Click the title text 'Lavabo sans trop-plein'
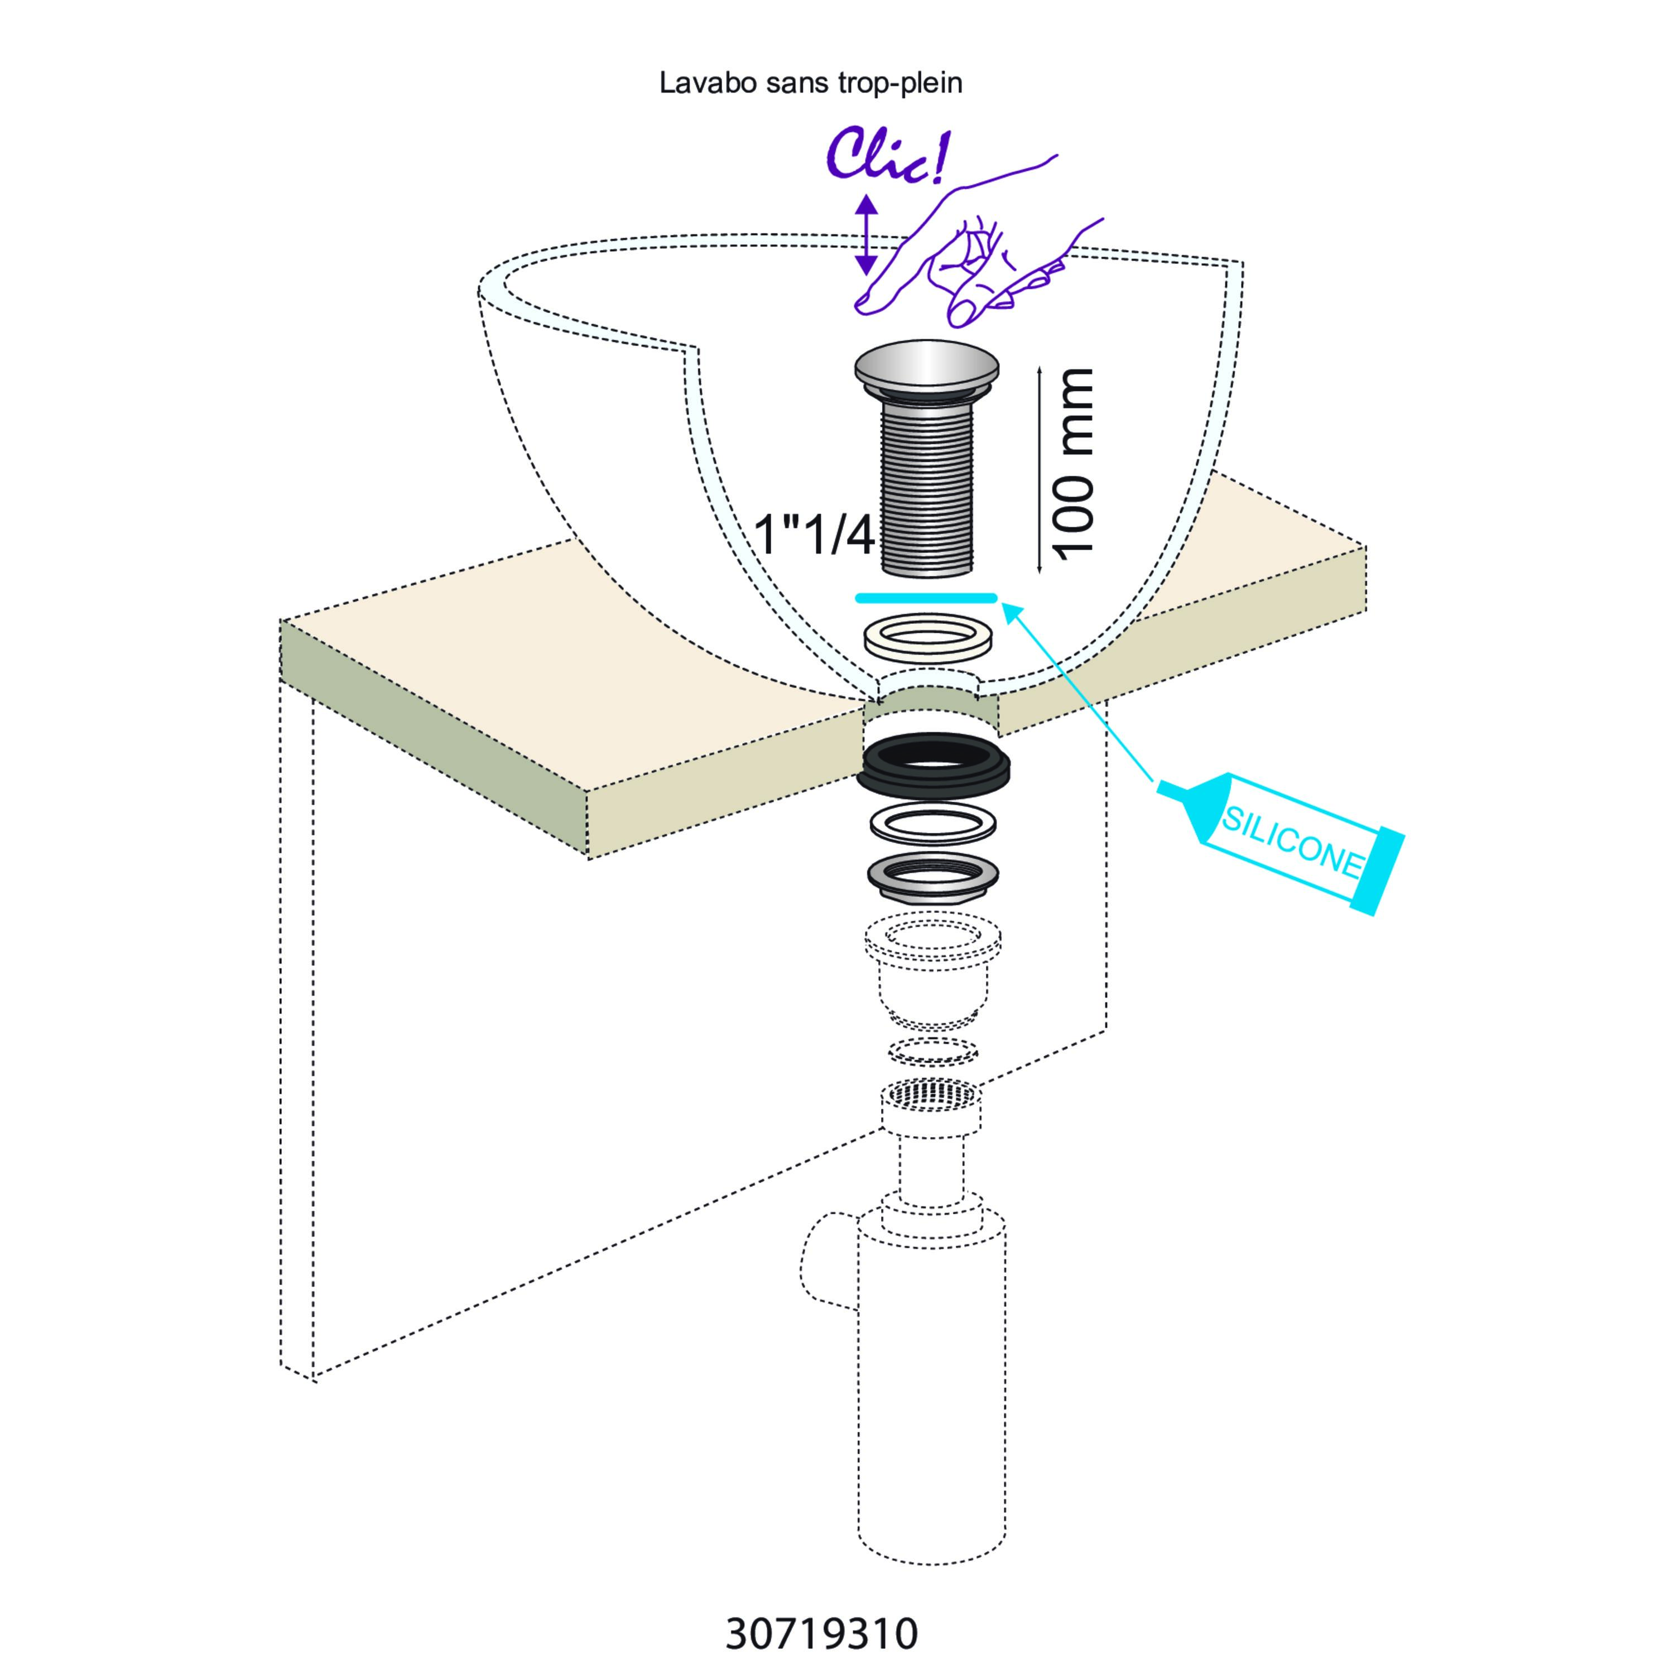click(810, 83)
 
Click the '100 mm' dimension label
click(1072, 464)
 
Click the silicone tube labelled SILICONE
click(1282, 839)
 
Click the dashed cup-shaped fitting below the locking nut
click(932, 970)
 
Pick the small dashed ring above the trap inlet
click(933, 1051)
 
